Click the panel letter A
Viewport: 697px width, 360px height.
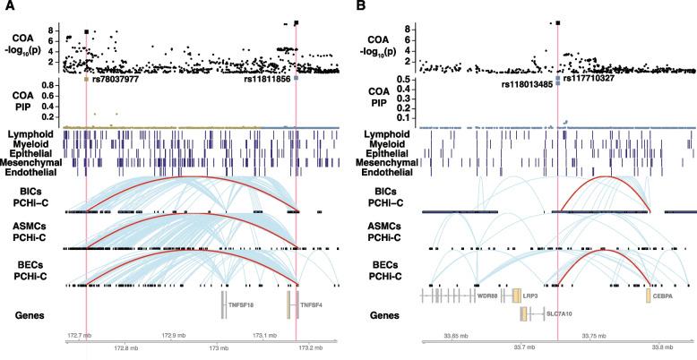[x=7, y=7]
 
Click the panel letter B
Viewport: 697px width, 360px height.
[x=359, y=7]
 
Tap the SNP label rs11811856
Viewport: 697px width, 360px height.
[x=266, y=79]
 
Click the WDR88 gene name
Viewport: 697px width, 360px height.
[x=488, y=295]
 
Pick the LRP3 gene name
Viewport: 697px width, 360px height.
[x=532, y=295]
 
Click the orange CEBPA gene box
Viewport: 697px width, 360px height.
[x=649, y=295]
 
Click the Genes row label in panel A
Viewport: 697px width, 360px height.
[x=34, y=314]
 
